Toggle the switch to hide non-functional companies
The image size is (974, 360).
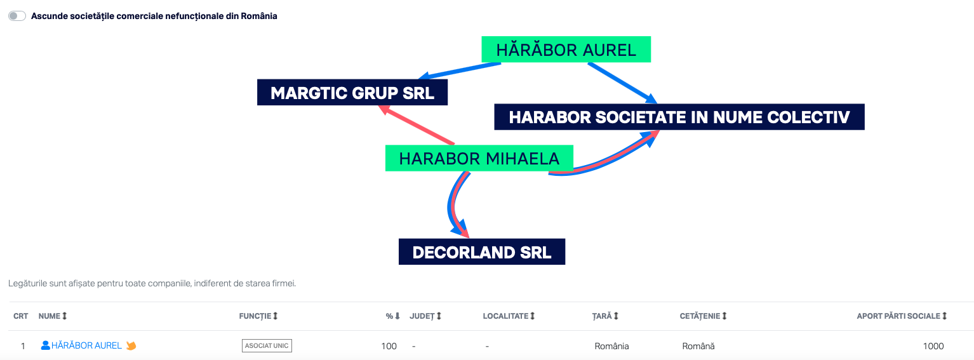pyautogui.click(x=17, y=16)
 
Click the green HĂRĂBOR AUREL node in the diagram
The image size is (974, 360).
pyautogui.click(x=566, y=50)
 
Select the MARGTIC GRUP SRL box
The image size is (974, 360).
pyautogui.click(x=352, y=92)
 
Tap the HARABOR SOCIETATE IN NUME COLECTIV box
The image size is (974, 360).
pyautogui.click(x=679, y=117)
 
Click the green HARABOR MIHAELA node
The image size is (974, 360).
pyautogui.click(x=479, y=158)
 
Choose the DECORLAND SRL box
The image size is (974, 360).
pyautogui.click(x=482, y=251)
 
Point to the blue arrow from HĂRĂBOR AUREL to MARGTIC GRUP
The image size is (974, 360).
pyautogui.click(x=460, y=71)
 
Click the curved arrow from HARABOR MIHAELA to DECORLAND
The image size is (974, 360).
pyautogui.click(x=452, y=204)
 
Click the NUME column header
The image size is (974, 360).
pyautogui.click(x=53, y=316)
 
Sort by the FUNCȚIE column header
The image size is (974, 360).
pyautogui.click(x=258, y=316)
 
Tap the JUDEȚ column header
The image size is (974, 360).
pyautogui.click(x=425, y=316)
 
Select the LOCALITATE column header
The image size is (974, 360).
pyautogui.click(x=509, y=316)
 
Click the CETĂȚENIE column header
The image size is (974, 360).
pyautogui.click(x=703, y=316)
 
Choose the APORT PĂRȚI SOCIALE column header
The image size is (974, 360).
pyautogui.click(x=902, y=316)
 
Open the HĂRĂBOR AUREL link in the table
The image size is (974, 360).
pyautogui.click(x=86, y=345)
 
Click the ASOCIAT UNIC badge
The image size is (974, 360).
pyautogui.click(x=267, y=345)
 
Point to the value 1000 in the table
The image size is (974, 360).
pyautogui.click(x=933, y=346)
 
